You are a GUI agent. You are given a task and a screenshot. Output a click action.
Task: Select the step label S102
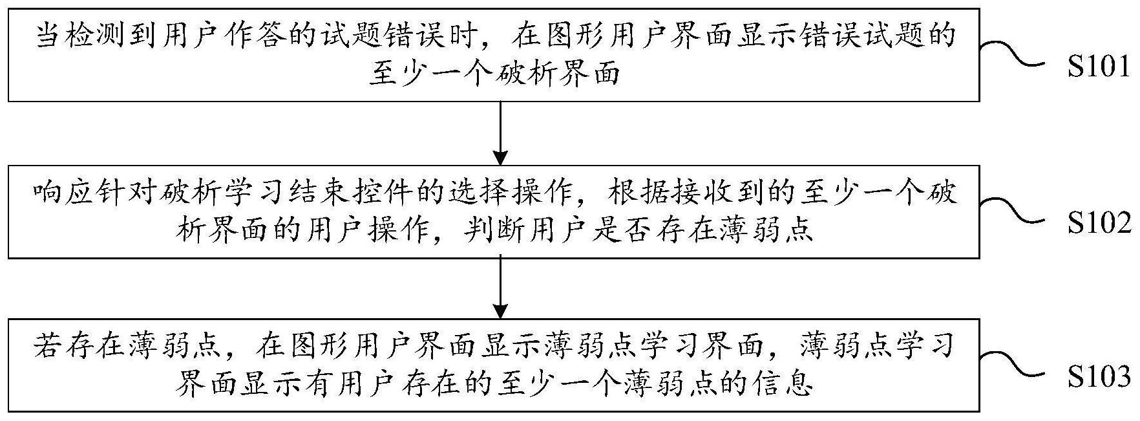[x=1099, y=223]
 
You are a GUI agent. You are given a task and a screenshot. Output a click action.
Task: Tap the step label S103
[x=1099, y=376]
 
